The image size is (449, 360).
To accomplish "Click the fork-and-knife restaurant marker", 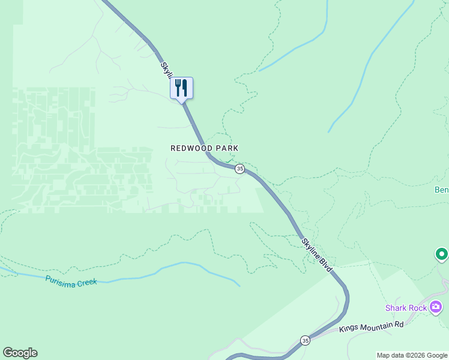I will pos(181,88).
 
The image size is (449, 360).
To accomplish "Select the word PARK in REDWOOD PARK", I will pos(229,148).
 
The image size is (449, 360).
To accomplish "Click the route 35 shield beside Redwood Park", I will pos(240,169).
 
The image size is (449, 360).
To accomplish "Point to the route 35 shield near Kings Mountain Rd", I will pos(305,340).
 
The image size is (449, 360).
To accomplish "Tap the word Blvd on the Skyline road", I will pos(326,266).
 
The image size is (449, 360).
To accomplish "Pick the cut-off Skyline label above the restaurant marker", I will pos(165,68).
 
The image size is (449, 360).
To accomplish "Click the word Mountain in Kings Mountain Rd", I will pos(378,325).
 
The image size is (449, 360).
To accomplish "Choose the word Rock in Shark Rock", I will pos(418,308).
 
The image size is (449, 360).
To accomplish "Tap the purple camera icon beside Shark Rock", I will pos(436,308).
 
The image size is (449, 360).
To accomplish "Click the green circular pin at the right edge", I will pos(442,254).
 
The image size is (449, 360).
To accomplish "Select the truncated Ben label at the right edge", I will pos(441,190).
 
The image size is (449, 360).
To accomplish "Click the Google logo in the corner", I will pos(20,353).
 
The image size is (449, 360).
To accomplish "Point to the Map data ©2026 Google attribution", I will pos(412,355).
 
